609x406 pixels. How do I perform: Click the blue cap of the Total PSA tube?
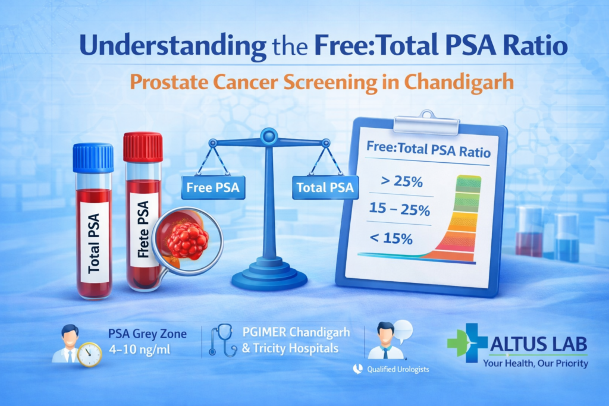(x=93, y=158)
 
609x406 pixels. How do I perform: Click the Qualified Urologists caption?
(x=398, y=369)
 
